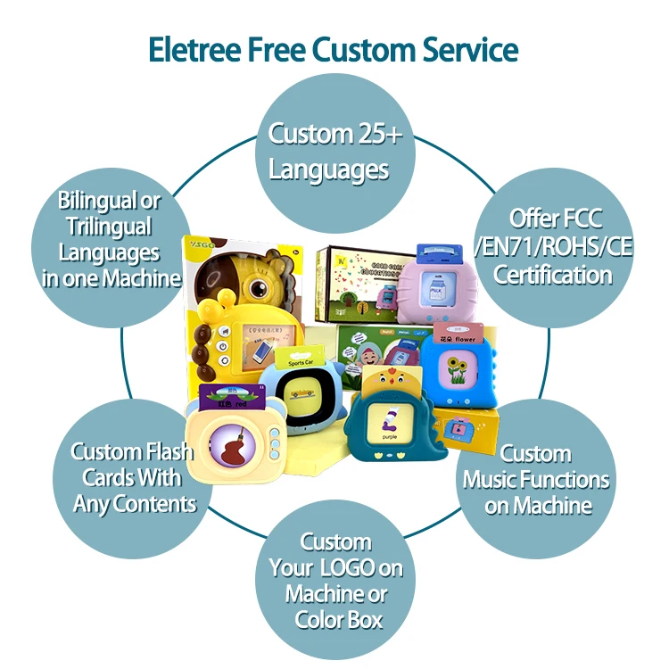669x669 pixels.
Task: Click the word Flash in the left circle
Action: click(x=170, y=452)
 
